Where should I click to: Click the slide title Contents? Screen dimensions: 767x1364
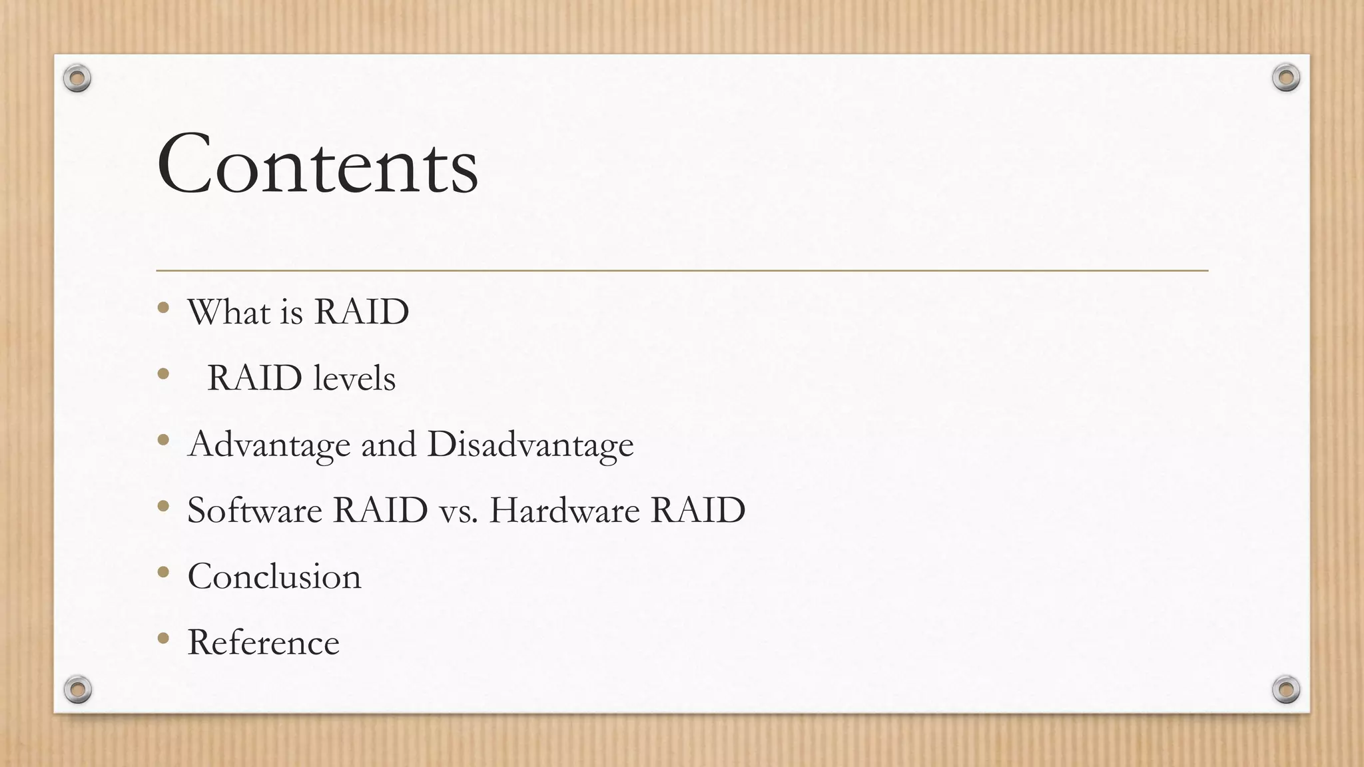click(x=317, y=164)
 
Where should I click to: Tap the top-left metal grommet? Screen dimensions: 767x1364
click(x=77, y=79)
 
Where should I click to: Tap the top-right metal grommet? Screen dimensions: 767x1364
click(x=1286, y=78)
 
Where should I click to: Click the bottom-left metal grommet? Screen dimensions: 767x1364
click(x=77, y=689)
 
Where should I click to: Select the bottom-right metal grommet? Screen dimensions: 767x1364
click(x=1286, y=689)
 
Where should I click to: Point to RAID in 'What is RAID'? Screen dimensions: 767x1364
click(x=361, y=312)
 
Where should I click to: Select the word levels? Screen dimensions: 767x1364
click(x=354, y=378)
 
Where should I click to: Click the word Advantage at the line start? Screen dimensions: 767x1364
click(x=269, y=445)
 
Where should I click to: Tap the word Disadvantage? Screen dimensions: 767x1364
click(x=530, y=445)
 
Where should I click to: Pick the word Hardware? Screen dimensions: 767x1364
click(x=564, y=511)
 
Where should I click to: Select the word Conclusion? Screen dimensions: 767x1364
click(x=274, y=577)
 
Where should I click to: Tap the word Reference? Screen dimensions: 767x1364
click(x=263, y=642)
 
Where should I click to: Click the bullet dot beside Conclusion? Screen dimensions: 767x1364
click(x=163, y=572)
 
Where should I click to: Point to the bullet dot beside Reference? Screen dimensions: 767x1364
click(x=163, y=638)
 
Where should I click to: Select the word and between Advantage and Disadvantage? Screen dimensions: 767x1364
click(x=388, y=445)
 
